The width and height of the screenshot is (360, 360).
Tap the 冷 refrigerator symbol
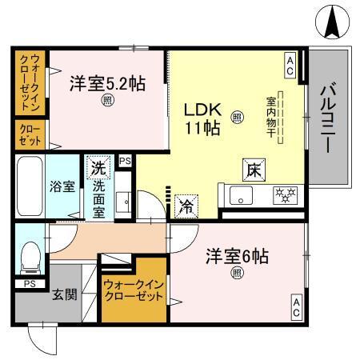185,205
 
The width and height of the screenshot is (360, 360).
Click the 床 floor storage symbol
252,170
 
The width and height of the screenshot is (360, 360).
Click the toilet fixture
29,256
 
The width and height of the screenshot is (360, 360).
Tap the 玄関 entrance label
65,294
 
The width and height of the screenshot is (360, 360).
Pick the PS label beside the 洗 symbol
124,162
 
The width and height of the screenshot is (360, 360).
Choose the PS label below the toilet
29,283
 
